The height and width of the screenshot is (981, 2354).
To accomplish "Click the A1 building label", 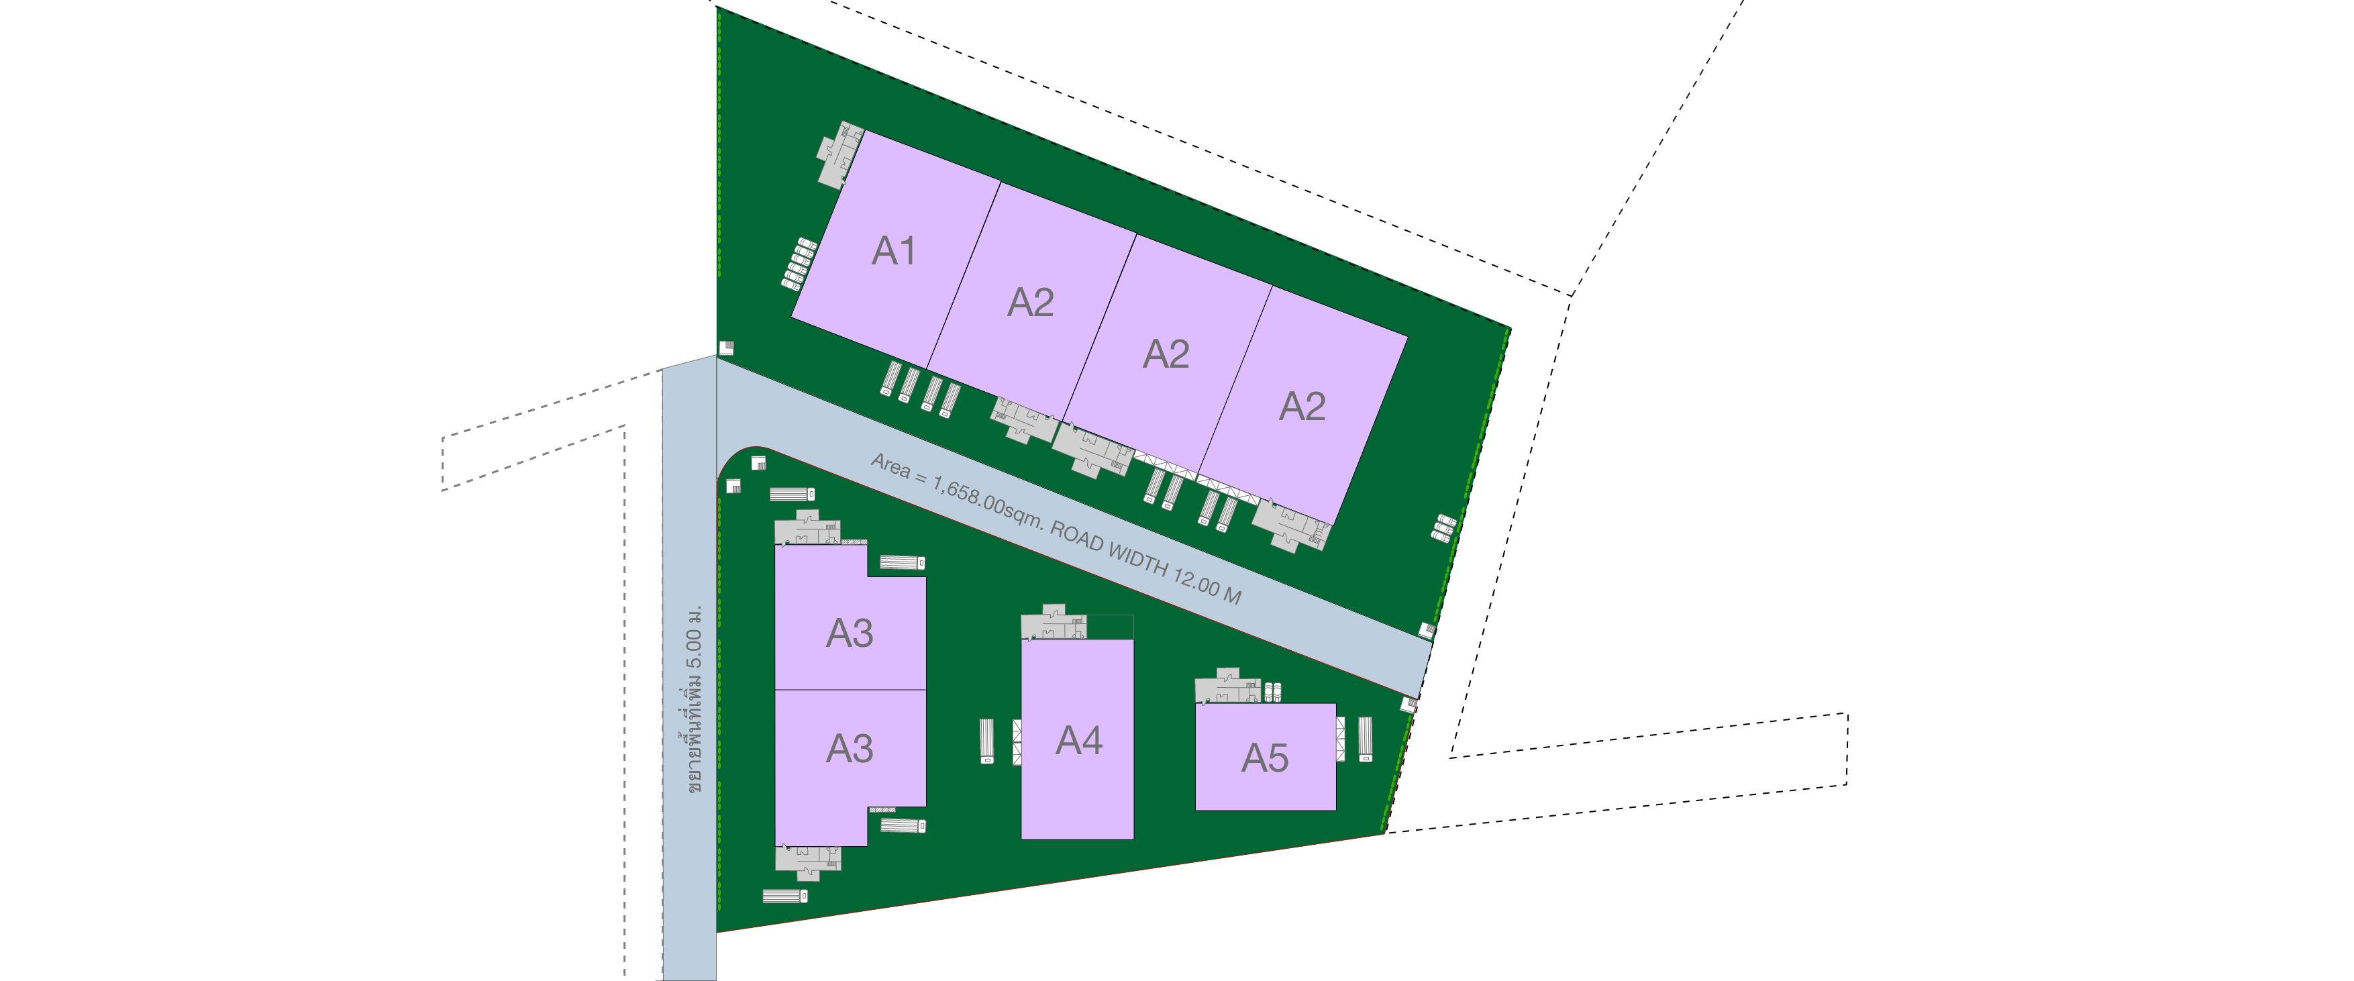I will (x=892, y=251).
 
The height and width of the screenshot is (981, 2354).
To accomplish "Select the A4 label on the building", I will (x=1078, y=741).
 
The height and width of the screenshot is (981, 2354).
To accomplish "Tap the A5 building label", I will (x=1265, y=758).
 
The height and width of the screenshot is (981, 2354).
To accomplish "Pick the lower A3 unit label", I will (x=849, y=749).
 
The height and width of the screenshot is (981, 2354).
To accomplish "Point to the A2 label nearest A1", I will (x=1030, y=303).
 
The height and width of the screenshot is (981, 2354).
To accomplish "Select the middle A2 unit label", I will (x=1166, y=354).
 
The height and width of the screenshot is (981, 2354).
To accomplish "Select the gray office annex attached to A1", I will (x=839, y=155).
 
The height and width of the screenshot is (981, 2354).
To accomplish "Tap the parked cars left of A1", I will (x=798, y=264).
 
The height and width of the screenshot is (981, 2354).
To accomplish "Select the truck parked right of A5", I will (x=1366, y=738).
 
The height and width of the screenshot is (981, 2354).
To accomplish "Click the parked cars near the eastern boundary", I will (x=1442, y=528).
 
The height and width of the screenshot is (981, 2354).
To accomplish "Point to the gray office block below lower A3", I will (x=807, y=859).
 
